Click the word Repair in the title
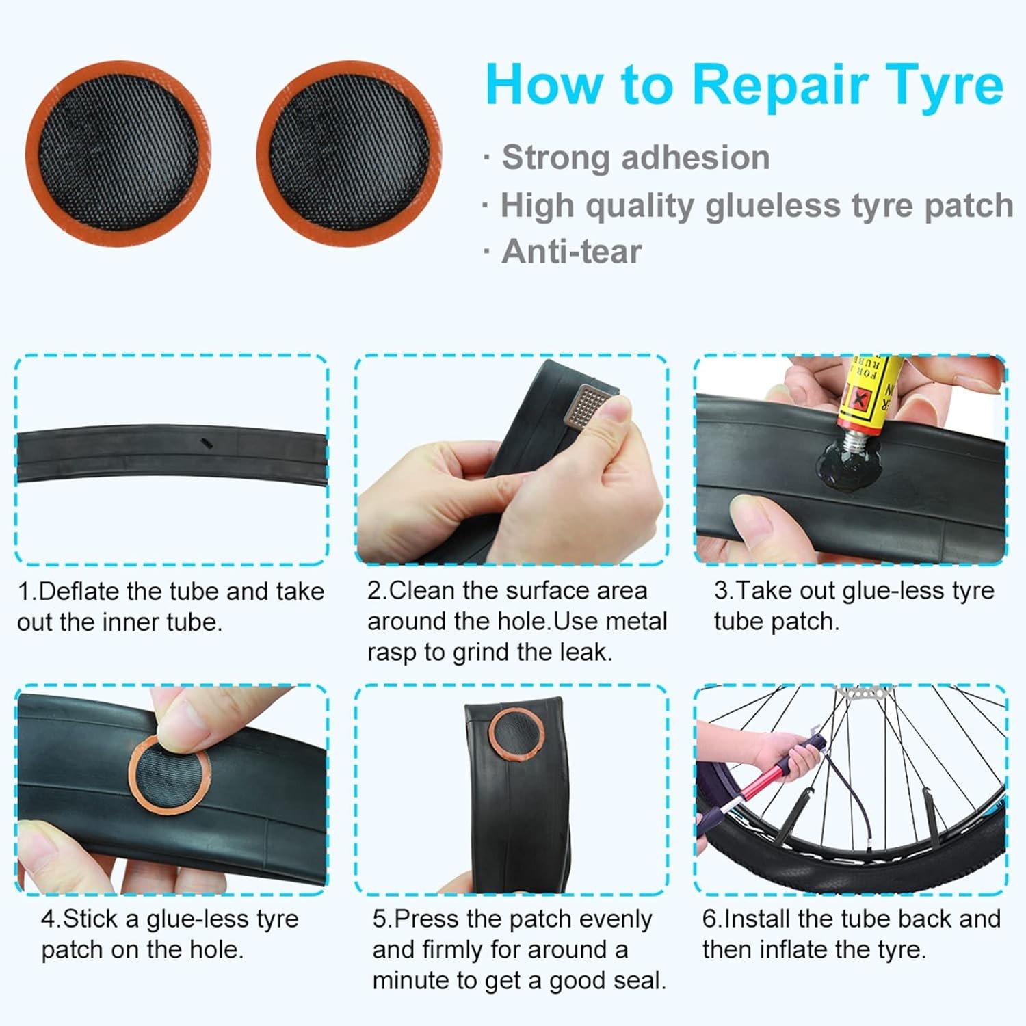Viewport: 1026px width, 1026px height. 779,85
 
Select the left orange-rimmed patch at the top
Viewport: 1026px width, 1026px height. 118,153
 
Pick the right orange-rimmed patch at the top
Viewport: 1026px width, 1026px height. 349,153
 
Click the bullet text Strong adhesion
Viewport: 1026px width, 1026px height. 636,157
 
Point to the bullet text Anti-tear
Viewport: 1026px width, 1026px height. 572,251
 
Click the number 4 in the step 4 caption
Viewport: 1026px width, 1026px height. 48,919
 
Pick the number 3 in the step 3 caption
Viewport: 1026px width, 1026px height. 721,590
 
